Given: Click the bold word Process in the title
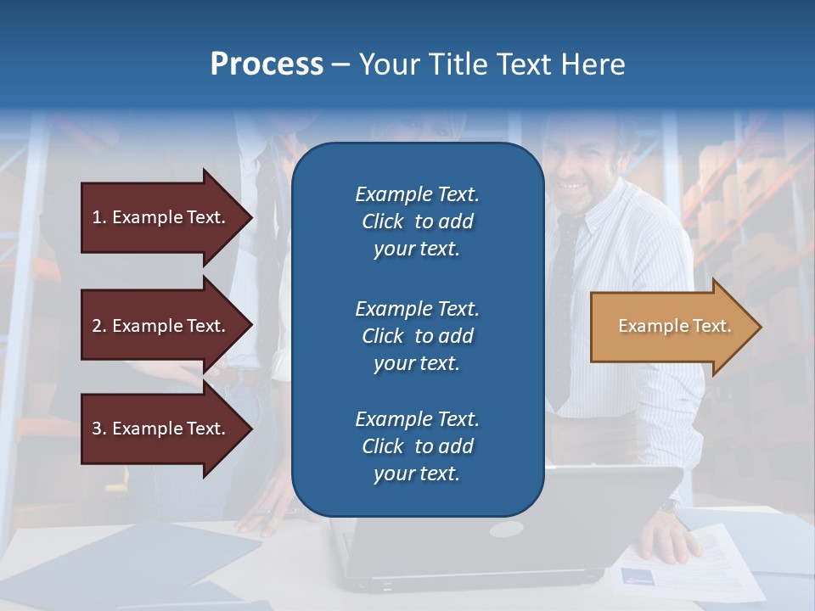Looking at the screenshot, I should pos(267,64).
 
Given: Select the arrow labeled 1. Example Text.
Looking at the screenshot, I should pos(161,217).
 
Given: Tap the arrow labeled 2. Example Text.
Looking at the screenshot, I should pos(161,326).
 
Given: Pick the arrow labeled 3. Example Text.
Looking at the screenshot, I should pos(161,429).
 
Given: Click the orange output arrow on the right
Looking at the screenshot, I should pos(671,327).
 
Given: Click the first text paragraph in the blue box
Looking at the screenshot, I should pos(417,221).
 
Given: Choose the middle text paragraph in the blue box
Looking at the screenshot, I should pos(417,336).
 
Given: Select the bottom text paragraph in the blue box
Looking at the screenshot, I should pos(417,446).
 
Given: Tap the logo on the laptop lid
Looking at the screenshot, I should pos(506,530).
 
